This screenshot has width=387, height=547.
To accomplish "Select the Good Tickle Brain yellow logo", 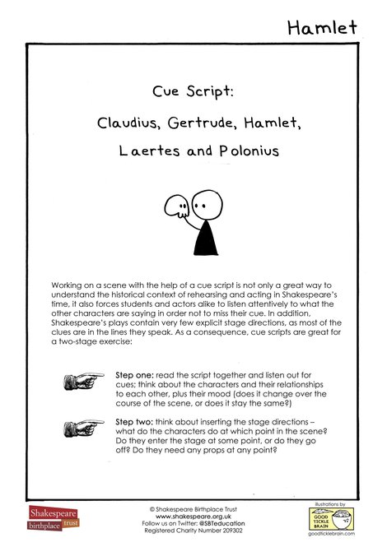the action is tap(331, 520).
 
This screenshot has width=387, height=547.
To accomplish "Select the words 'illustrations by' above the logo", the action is tap(331, 502).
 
